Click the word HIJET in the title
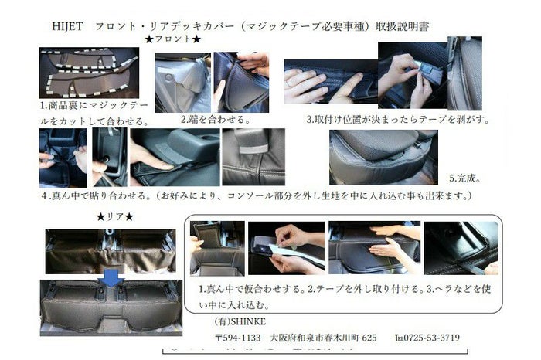(68, 26)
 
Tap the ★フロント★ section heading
(173, 39)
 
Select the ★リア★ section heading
(115, 217)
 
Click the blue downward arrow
(112, 278)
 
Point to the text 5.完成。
(464, 178)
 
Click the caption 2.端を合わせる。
(216, 119)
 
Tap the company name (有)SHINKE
(240, 321)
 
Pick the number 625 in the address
(369, 338)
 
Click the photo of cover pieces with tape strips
(89, 73)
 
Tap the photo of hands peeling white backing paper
(286, 248)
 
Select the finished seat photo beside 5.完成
(383, 158)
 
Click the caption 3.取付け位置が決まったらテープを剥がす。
(398, 120)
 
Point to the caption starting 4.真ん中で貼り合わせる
(257, 196)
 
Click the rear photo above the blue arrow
(111, 251)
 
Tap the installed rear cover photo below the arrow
(111, 307)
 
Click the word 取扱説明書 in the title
(403, 26)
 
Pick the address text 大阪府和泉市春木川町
(315, 338)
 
